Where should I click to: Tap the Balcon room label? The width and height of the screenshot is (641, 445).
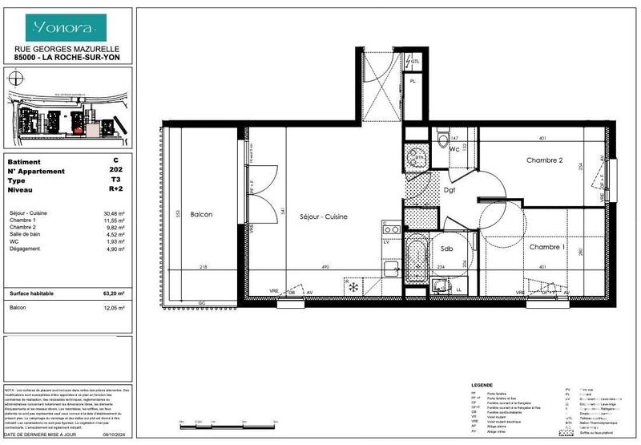pos(201,215)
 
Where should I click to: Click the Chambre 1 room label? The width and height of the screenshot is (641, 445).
pos(547,247)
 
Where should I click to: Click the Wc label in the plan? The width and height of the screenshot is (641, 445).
pos(453,149)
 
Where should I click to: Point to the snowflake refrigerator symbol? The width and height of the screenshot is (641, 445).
pos(350,285)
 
